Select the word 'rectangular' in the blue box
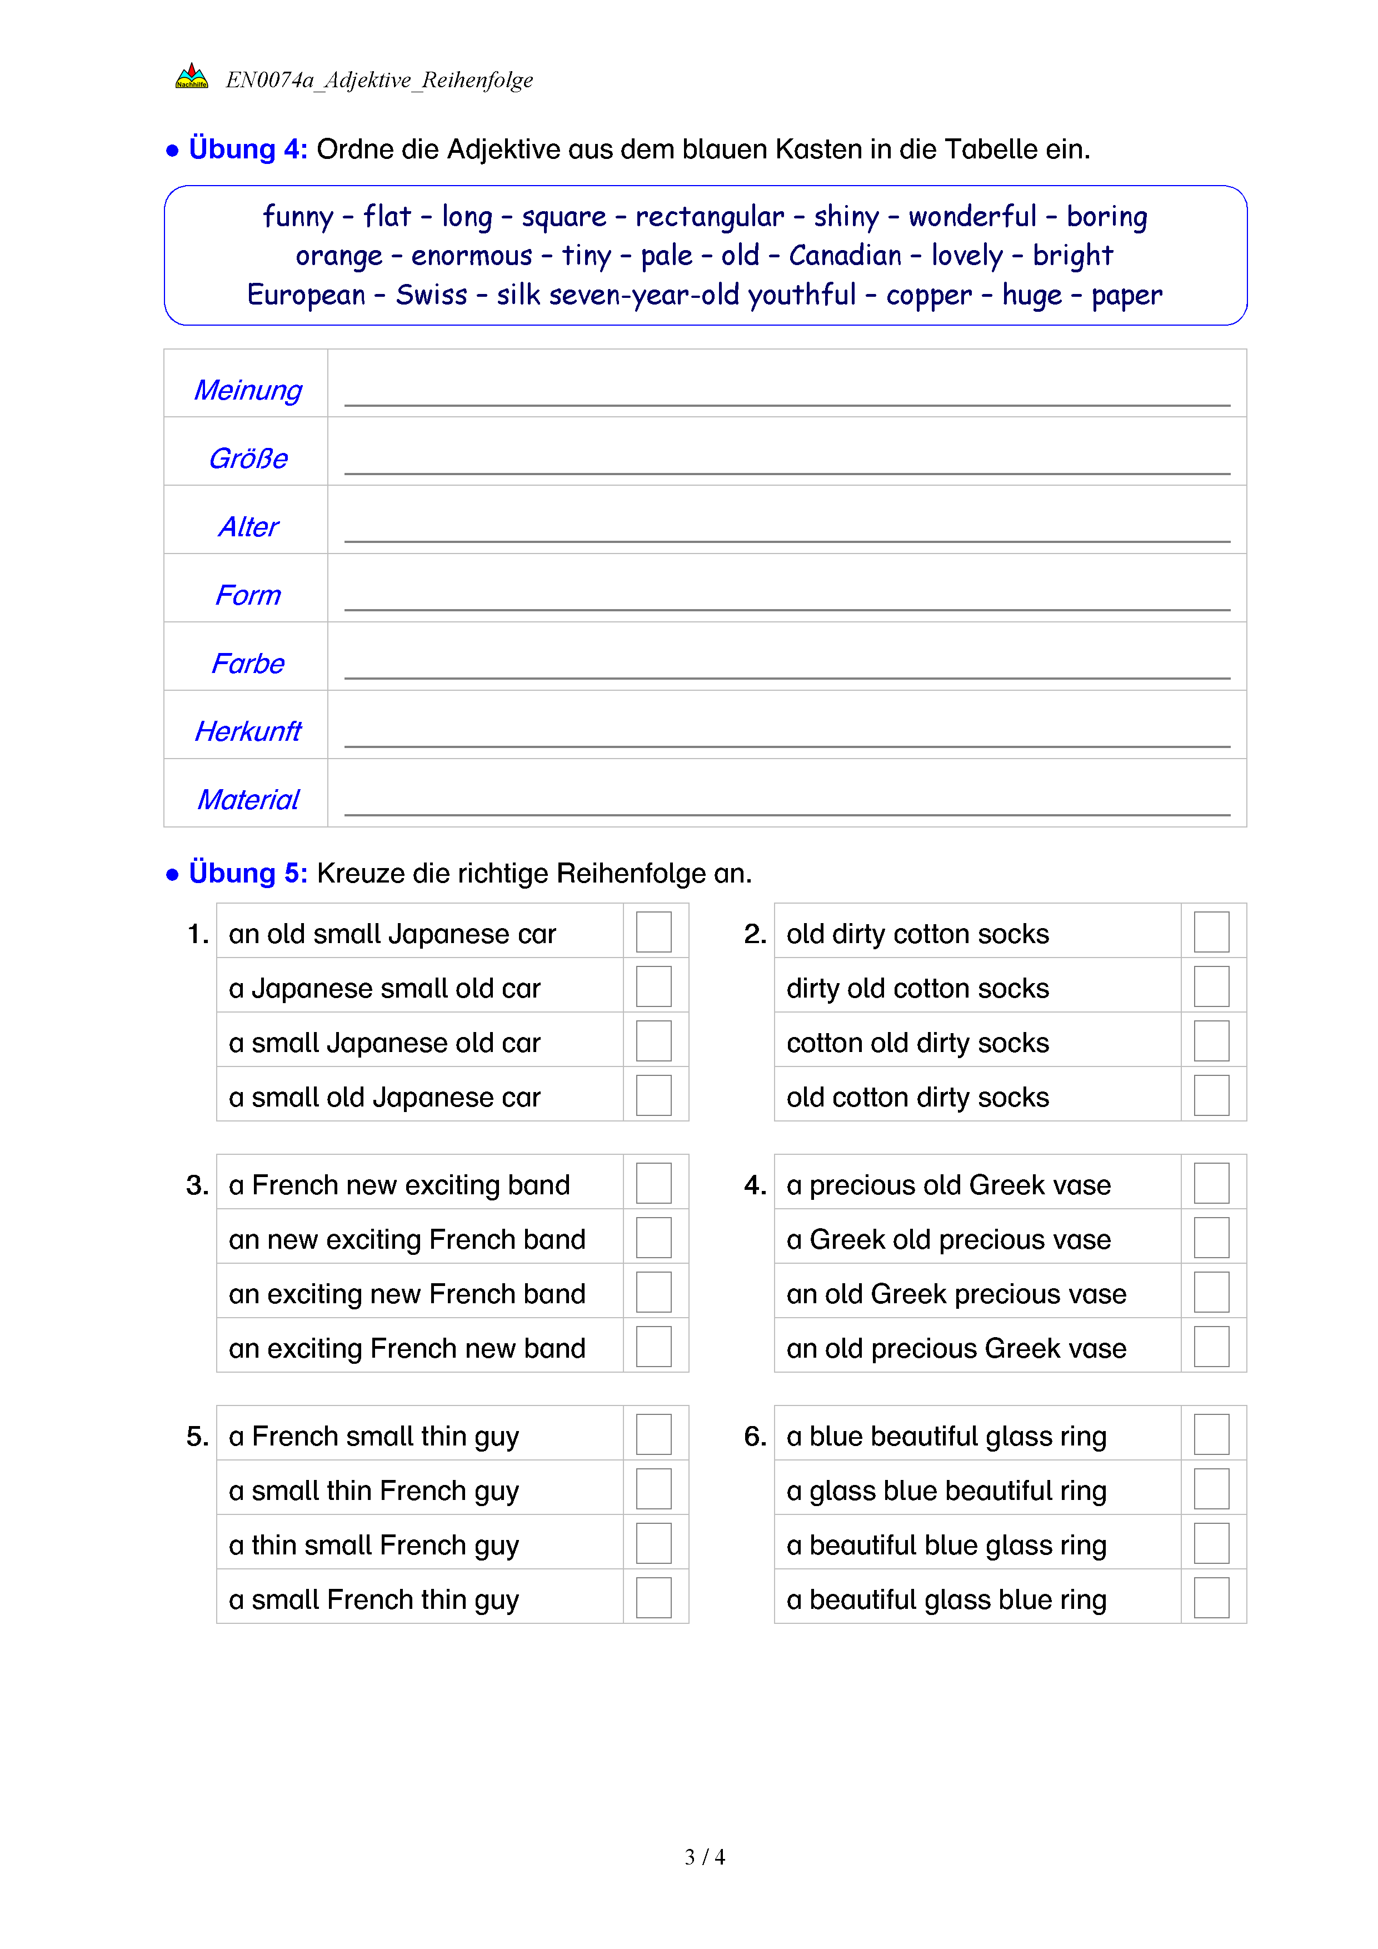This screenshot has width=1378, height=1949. click(710, 216)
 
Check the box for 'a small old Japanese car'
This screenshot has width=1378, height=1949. click(653, 1095)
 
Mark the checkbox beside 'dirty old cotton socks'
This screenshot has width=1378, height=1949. click(1211, 986)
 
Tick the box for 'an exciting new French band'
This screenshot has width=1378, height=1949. click(653, 1292)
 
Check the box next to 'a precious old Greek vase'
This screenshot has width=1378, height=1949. click(1211, 1183)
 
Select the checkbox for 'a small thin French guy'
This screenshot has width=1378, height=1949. click(653, 1489)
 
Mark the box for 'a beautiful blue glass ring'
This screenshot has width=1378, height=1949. click(1211, 1543)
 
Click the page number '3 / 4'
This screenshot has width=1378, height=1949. click(704, 1857)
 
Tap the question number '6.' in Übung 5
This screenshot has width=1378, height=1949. click(755, 1436)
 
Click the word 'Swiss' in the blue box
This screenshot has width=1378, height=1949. click(431, 295)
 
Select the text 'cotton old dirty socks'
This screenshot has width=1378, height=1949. click(917, 1043)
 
